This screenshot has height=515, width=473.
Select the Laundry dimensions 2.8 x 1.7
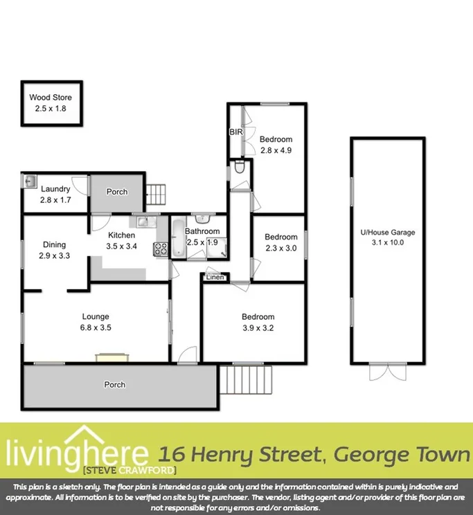[55, 200]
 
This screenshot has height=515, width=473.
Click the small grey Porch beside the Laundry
[116, 192]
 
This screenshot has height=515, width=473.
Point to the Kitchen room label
[121, 235]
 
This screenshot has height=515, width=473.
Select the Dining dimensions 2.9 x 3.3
[55, 255]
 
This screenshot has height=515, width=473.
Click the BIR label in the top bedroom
[235, 132]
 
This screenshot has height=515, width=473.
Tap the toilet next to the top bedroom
[239, 168]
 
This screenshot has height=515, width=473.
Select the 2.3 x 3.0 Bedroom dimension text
[281, 249]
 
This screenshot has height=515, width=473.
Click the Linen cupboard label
[215, 278]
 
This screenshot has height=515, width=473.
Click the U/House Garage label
[386, 233]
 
